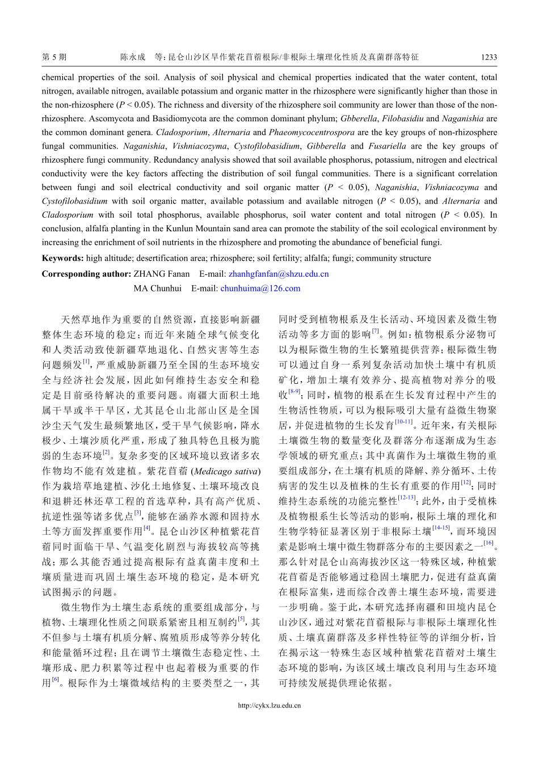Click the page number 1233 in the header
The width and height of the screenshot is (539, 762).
489,57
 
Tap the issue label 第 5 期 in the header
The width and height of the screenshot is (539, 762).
54,57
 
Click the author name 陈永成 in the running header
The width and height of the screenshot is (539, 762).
132,57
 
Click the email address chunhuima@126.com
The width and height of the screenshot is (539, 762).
260,289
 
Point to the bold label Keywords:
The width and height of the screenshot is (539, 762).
63,259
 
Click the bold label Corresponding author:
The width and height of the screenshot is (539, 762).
86,274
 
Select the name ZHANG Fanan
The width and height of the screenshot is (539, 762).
162,274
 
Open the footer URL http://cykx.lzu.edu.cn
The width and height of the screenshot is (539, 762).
269,706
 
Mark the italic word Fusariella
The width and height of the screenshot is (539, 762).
388,146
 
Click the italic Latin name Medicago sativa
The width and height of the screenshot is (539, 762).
227,471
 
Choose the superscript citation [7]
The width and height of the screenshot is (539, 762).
375,331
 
